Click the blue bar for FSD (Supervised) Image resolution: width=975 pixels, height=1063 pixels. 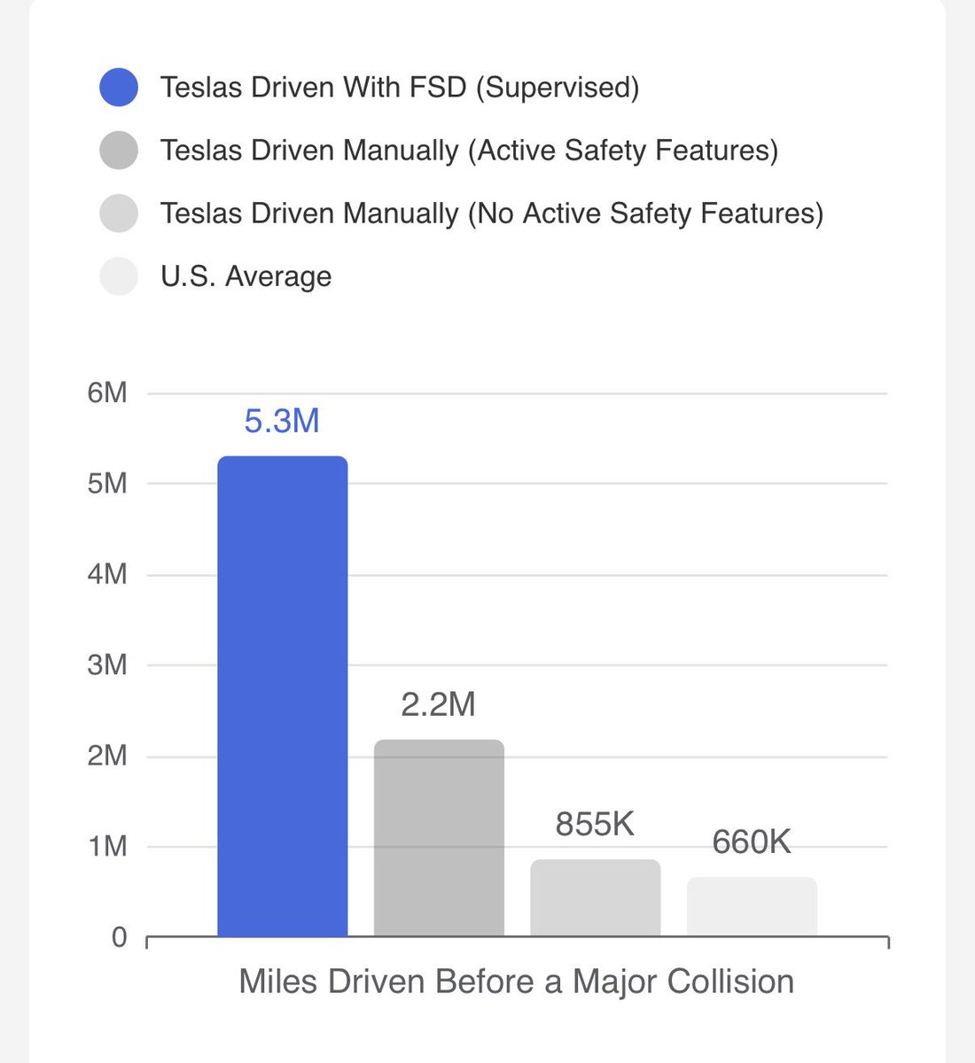(282, 696)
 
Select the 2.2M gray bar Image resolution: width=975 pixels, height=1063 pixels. (439, 838)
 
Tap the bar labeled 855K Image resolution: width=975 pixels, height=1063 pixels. (595, 897)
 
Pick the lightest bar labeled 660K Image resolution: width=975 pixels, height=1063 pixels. (752, 906)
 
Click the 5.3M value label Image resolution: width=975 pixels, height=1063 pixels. (282, 421)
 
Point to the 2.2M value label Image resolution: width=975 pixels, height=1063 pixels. (439, 704)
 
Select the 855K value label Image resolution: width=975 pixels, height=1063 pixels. (595, 824)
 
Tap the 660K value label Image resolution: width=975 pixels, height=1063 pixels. (752, 842)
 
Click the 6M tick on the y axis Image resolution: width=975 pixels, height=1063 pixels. (107, 392)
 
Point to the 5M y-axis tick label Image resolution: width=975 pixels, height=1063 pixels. (107, 484)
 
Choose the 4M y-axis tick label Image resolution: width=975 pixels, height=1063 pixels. (107, 575)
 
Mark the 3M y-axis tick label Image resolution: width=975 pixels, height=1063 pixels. (107, 665)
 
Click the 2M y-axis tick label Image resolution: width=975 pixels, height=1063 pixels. (107, 757)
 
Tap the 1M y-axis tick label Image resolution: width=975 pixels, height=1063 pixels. (107, 847)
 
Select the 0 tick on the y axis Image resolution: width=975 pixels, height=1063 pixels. (120, 937)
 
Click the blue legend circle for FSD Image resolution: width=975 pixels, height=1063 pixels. (119, 88)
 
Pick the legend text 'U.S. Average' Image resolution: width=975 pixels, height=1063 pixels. (246, 276)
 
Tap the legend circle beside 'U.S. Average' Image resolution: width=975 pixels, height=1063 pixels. (119, 276)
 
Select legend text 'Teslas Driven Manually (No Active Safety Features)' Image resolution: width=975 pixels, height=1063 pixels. (491, 213)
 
